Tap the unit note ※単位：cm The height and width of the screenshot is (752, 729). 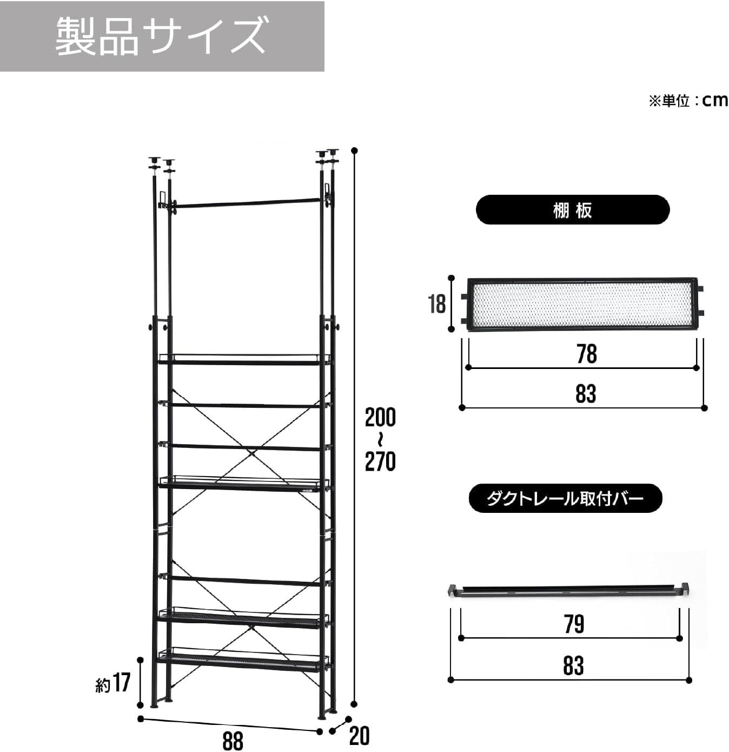[688, 101]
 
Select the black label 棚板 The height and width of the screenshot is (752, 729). [572, 210]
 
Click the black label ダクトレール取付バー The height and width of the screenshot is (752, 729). [565, 498]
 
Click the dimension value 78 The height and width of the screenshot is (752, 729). [586, 354]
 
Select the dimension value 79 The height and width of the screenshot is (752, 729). [574, 624]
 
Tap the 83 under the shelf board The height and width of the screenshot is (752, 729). [586, 394]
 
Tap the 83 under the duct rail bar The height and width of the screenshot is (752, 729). [573, 666]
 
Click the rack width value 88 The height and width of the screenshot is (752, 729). [233, 740]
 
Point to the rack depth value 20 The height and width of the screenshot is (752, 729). [359, 736]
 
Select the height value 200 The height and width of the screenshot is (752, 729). [380, 418]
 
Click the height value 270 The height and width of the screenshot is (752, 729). [380, 461]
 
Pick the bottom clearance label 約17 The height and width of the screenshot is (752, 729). [113, 683]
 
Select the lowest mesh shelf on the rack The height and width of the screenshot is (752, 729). [243, 660]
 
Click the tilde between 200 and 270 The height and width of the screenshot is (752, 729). [380, 439]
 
